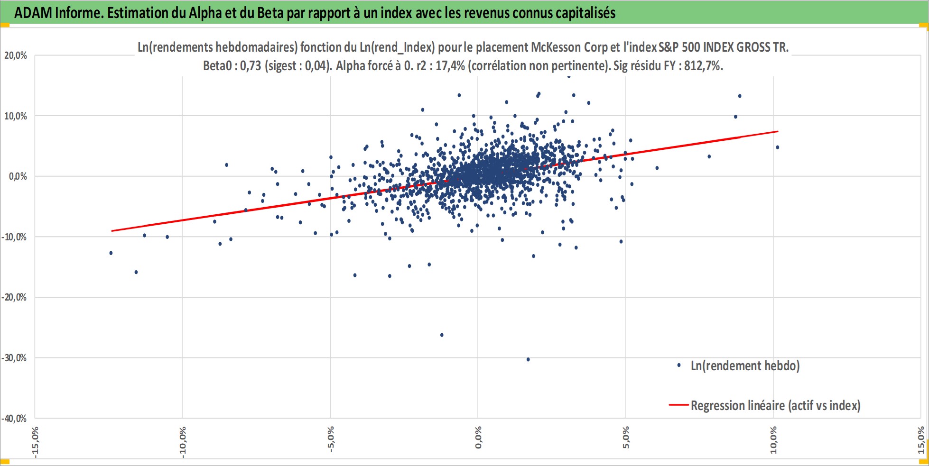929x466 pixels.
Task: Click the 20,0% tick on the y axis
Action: (16, 55)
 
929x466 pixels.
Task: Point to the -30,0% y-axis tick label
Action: (14, 358)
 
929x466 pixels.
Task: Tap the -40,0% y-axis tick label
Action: (14, 419)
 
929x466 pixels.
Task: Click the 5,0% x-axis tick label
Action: (625, 438)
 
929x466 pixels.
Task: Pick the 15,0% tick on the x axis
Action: (921, 440)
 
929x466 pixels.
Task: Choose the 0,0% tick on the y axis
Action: (18, 176)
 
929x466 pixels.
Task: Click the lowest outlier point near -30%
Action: (528, 359)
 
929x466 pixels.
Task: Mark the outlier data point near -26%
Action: (442, 335)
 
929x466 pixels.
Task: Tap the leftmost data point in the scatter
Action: (111, 253)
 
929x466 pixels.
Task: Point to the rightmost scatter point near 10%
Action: (777, 147)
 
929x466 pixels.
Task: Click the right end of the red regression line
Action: (778, 131)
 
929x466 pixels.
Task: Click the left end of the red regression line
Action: (111, 231)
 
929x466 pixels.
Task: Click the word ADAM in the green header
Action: (33, 13)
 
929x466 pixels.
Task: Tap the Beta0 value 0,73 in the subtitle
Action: (251, 65)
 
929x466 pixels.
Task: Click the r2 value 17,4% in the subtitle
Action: (450, 65)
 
